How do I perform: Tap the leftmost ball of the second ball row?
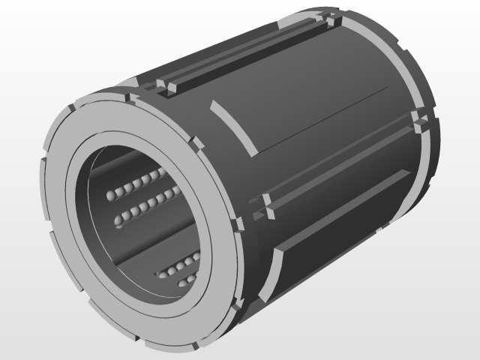[118, 220]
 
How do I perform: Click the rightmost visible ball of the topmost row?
[163, 174]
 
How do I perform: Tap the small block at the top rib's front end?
[167, 88]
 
